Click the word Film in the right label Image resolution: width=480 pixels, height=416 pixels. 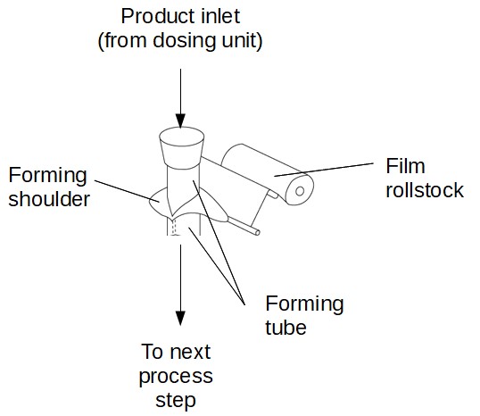(405, 166)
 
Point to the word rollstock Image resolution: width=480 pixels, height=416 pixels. (425, 190)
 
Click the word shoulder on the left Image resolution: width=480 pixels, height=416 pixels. (49, 199)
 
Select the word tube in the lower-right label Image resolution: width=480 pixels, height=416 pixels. (286, 328)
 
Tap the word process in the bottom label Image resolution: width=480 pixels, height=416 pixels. (176, 377)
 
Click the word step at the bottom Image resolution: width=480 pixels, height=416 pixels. (176, 401)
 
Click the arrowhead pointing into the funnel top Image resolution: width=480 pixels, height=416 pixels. (180, 121)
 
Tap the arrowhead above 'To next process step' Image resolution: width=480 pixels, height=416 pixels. (180, 318)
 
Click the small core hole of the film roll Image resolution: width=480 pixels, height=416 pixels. (300, 191)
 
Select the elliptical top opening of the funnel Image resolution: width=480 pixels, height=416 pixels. (182, 137)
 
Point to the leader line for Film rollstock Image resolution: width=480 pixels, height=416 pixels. (324, 170)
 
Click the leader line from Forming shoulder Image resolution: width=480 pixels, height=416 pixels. (127, 191)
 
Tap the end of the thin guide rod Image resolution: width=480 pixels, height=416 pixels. (258, 233)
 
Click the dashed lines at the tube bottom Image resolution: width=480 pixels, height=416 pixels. (175, 228)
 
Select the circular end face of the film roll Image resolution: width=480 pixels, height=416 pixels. (300, 190)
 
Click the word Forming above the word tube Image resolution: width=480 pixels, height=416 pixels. (304, 304)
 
